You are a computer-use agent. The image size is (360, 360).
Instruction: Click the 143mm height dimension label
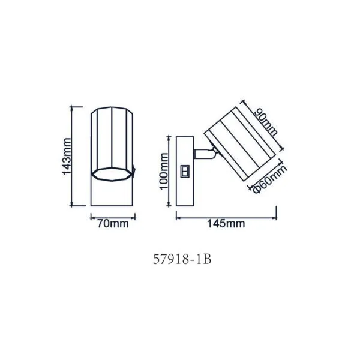point(67,157)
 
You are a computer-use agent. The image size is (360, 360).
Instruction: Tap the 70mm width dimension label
point(113,224)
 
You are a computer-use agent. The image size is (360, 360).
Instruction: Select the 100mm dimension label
point(164,171)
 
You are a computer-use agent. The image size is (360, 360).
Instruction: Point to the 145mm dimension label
point(226,223)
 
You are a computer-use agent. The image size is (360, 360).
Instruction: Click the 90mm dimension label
point(266,122)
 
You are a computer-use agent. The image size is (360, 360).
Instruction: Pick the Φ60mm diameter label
point(271,179)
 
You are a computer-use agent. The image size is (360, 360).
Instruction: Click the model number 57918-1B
point(182,260)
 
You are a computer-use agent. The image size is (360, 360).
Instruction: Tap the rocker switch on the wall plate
point(185,171)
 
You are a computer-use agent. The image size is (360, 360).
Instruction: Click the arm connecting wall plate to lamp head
point(205,154)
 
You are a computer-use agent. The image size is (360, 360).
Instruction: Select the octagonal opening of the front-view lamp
point(112,174)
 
